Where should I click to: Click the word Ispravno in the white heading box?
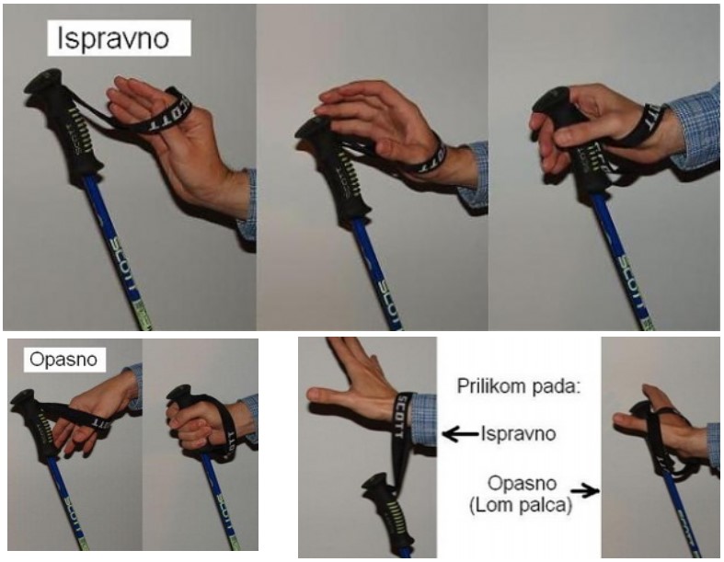pyautogui.click(x=113, y=39)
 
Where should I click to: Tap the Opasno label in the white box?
pyautogui.click(x=63, y=360)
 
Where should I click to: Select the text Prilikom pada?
pyautogui.click(x=518, y=386)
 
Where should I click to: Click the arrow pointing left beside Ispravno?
pyautogui.click(x=460, y=433)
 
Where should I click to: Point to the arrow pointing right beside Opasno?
pyautogui.click(x=584, y=490)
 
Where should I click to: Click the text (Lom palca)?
pyautogui.click(x=521, y=505)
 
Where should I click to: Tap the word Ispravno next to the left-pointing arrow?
pyautogui.click(x=518, y=433)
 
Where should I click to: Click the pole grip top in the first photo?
pyautogui.click(x=42, y=82)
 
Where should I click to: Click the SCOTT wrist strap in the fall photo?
pyautogui.click(x=399, y=416)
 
